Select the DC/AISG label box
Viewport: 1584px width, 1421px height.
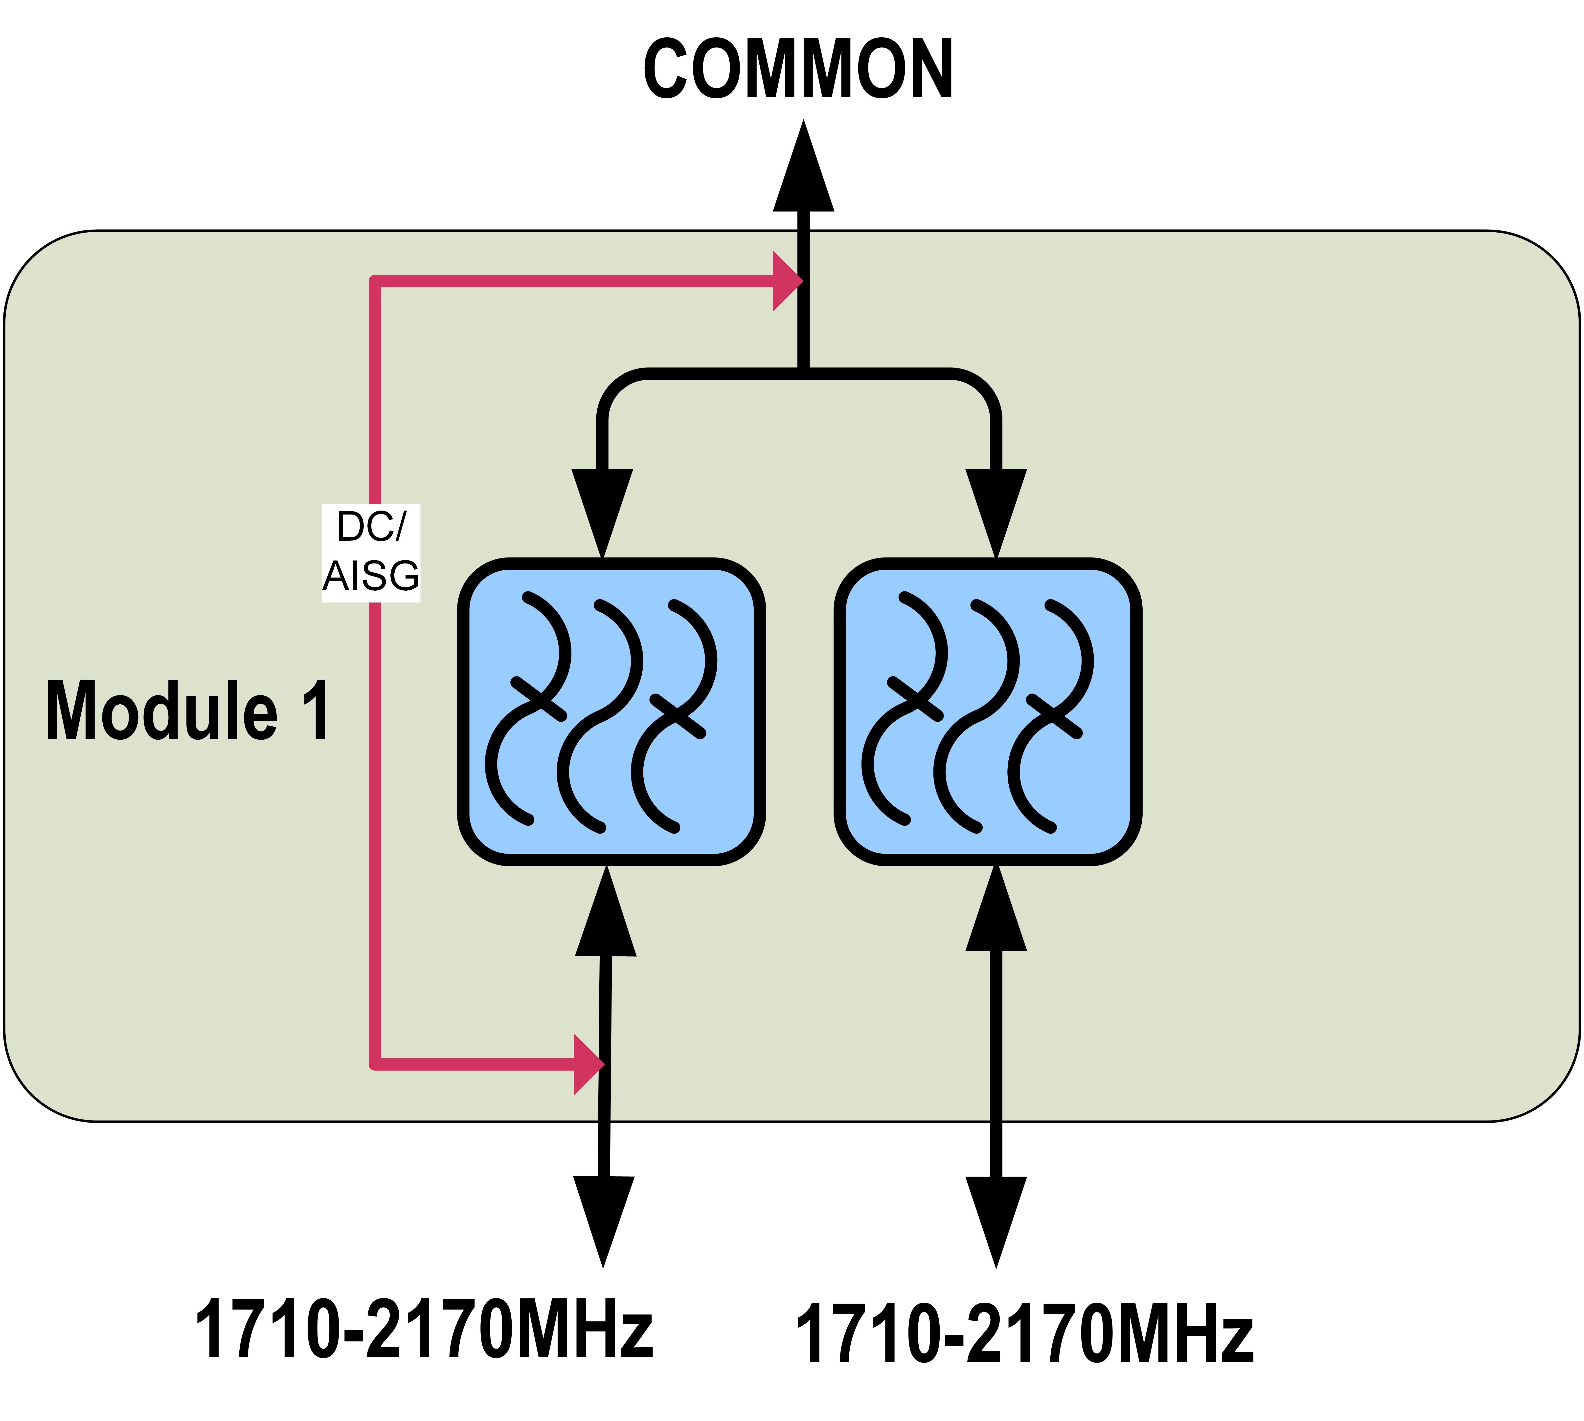point(371,553)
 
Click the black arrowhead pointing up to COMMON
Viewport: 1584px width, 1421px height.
point(803,172)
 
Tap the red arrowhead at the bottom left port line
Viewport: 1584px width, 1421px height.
point(587,1064)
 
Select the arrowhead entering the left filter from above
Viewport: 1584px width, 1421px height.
point(602,508)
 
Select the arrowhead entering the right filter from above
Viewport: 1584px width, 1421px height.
point(996,508)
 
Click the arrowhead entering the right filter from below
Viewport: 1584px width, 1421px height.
point(996,913)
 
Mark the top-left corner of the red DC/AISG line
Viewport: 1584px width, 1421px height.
point(375,281)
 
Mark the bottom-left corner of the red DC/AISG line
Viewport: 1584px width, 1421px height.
point(375,1064)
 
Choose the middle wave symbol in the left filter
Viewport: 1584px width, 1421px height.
point(600,714)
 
